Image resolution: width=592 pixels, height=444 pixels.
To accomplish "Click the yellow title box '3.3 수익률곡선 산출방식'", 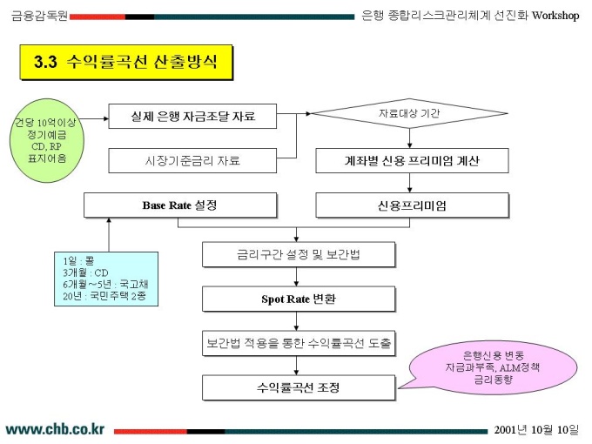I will coord(125,63).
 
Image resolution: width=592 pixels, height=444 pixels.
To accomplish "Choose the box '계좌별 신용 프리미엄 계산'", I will coord(410,161).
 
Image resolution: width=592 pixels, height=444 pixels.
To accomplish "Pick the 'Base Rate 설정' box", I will coord(179,205).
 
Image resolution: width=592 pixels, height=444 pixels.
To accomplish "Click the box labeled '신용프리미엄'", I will coord(410,205).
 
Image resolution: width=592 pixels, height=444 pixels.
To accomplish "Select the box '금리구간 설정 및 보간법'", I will coord(298,255).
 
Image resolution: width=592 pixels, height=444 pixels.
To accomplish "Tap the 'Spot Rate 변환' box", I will coord(298,299).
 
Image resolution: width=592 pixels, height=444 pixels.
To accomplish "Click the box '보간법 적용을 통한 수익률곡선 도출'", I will coord(298,343).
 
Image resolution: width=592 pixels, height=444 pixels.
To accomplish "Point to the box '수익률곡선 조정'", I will coord(298,387).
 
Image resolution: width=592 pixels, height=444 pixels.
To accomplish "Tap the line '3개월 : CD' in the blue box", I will coord(86,272).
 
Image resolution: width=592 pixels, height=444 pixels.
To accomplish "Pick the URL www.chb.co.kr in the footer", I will coord(56,429).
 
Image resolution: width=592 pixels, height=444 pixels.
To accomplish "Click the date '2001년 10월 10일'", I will coord(536,429).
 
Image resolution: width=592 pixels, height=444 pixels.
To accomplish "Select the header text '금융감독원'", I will coord(38,16).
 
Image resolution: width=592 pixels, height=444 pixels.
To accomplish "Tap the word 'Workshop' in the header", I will coord(555,16).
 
